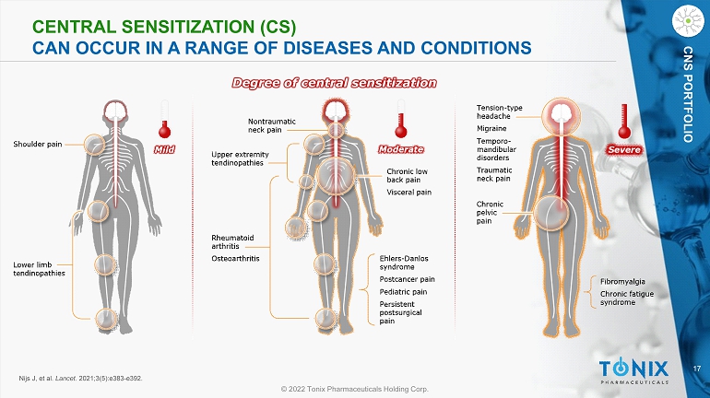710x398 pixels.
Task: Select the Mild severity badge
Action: tap(166, 146)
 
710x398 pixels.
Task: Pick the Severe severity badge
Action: tap(623, 148)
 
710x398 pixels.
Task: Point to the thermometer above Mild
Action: tap(167, 120)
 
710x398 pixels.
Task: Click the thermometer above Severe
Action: tap(621, 123)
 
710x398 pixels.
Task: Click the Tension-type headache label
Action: tap(500, 112)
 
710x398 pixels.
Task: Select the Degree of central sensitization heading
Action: tap(334, 83)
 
